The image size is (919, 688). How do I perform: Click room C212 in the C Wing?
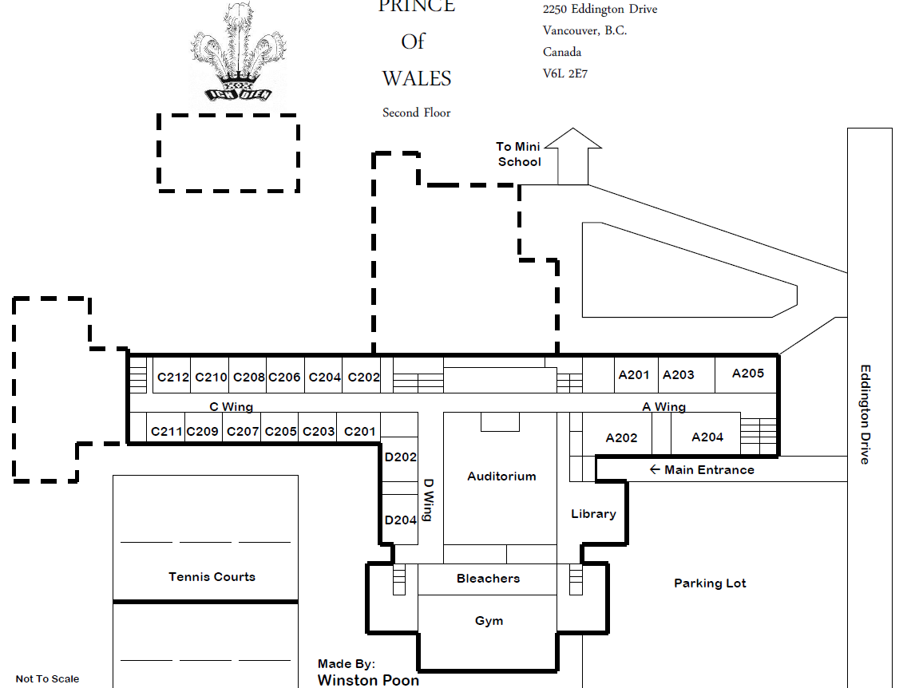point(172,377)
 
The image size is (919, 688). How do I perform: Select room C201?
point(359,431)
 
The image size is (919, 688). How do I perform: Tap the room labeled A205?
point(747,373)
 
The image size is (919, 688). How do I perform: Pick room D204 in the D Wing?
point(400,520)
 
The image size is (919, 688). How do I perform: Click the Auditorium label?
point(501,476)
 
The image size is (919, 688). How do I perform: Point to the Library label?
point(593,514)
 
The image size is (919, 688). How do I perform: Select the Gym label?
point(489,621)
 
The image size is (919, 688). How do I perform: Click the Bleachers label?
point(488,579)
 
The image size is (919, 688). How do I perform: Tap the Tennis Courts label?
point(212,576)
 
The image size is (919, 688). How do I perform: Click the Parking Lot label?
point(710,583)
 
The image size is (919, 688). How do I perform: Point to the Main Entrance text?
point(708,469)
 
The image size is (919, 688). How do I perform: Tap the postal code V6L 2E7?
point(565,73)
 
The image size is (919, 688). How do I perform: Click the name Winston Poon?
point(367,680)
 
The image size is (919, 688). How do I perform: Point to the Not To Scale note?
point(47,678)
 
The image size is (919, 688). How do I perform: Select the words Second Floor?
point(416,113)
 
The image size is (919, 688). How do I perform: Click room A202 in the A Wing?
point(621,437)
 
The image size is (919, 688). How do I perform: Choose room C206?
point(283,377)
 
